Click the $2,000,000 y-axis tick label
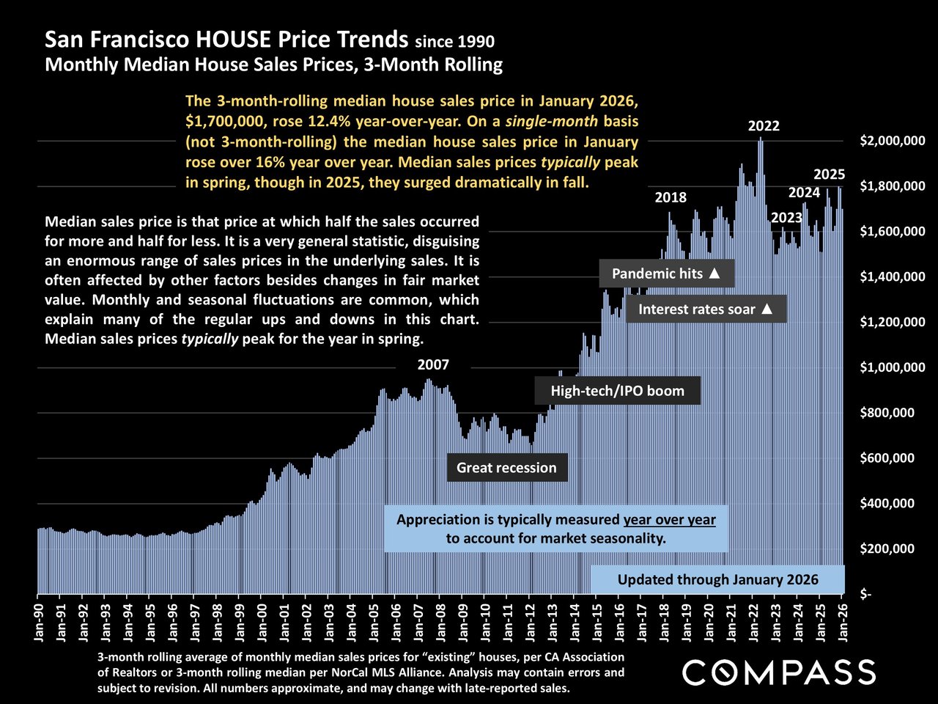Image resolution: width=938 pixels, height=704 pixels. point(892,141)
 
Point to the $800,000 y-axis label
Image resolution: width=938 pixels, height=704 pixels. point(887,413)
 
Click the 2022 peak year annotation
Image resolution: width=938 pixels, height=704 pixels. point(764,126)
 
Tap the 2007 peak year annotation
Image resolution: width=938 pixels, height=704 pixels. point(433,364)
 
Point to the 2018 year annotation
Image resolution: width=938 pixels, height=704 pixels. point(671,197)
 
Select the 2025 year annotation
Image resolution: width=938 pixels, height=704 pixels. point(830,175)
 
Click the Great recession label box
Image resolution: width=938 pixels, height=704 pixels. point(506,468)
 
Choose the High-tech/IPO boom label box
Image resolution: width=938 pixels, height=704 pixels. point(617,391)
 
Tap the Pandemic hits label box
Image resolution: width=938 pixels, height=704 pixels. point(667,274)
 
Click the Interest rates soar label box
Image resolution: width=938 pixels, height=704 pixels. point(706,309)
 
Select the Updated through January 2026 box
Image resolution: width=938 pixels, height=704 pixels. point(717,579)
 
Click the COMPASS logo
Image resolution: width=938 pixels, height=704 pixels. point(778,672)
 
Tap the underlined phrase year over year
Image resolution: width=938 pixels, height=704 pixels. point(670,520)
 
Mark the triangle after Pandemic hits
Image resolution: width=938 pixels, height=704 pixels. point(715,274)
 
